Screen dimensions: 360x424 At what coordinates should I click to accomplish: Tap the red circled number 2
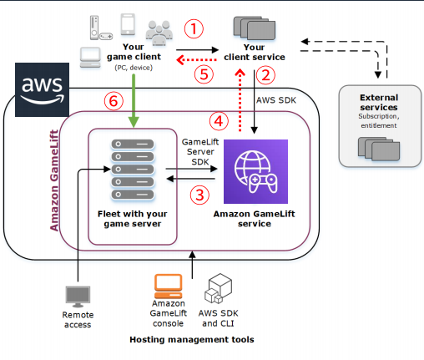(x=265, y=76)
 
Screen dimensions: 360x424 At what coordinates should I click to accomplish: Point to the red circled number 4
(x=218, y=121)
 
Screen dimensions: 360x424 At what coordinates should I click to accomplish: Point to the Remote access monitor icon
(x=78, y=296)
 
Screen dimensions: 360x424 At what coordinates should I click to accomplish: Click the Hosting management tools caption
(x=192, y=340)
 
